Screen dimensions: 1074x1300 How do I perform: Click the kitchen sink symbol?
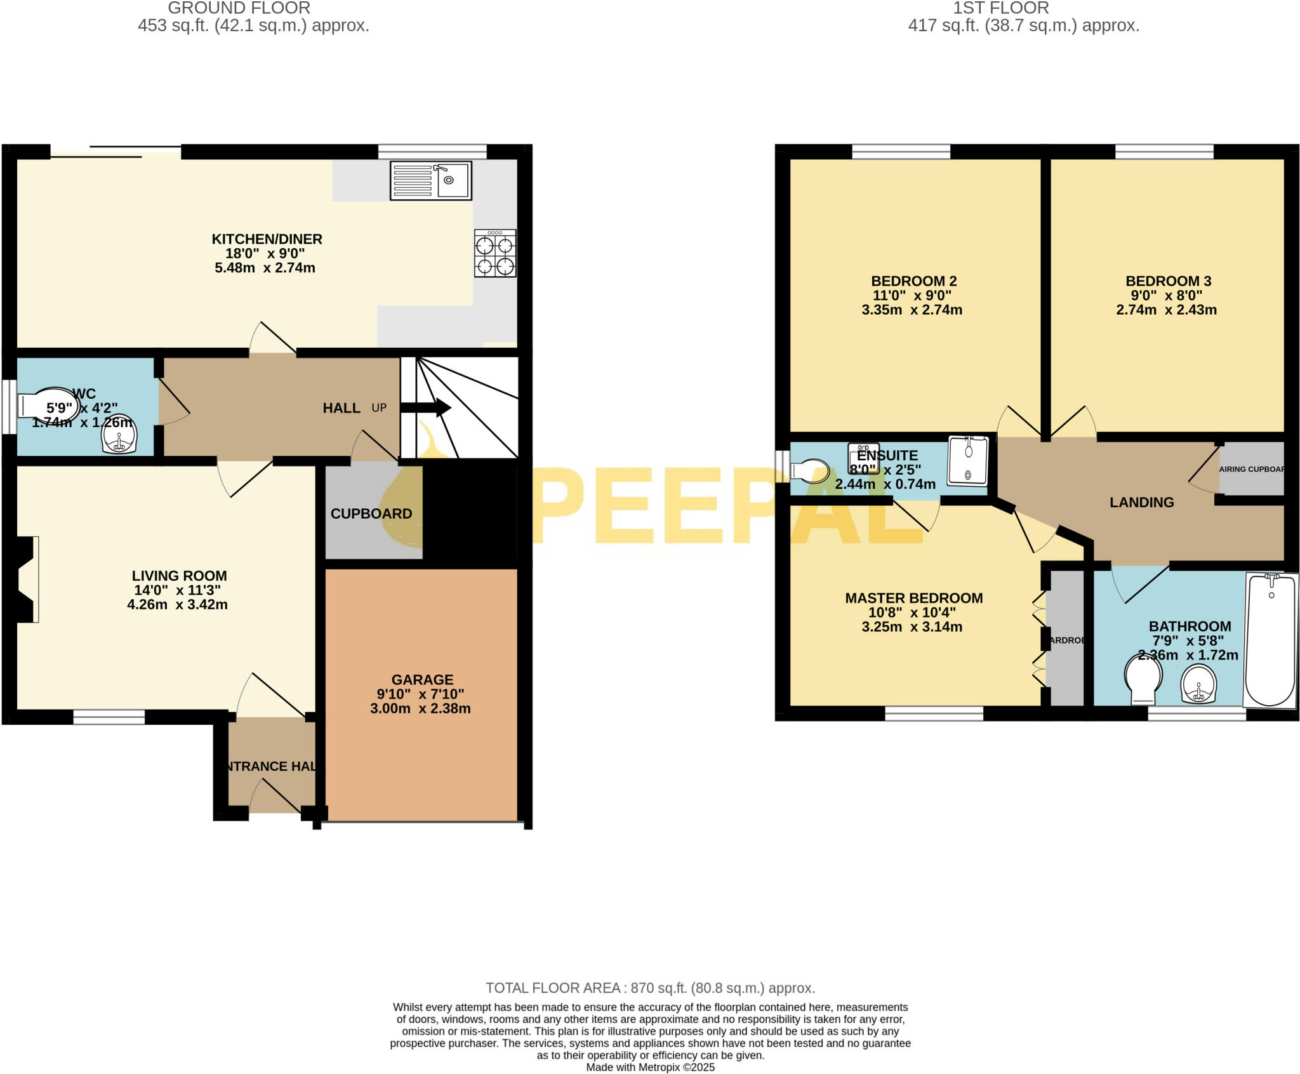(431, 181)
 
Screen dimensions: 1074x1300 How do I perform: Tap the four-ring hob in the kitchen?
(495, 253)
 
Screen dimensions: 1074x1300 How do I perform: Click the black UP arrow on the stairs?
(426, 408)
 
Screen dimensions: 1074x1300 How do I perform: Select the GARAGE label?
(422, 679)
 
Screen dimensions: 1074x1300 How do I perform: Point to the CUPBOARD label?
(371, 514)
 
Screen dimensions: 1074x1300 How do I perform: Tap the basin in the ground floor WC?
(119, 435)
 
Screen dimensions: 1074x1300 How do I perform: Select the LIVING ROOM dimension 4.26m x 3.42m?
(177, 604)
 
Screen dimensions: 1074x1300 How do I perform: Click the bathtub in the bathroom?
(1270, 640)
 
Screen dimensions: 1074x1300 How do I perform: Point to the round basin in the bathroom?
(1199, 685)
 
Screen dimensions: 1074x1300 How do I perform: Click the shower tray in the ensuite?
(968, 459)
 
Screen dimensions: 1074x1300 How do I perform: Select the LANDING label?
(1141, 502)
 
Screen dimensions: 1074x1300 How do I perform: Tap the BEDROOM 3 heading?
(1168, 281)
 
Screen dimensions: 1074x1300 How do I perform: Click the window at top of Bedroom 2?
(901, 151)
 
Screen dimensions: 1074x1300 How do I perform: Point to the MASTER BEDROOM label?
(913, 597)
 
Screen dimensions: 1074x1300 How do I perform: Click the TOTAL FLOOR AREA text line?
(650, 988)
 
